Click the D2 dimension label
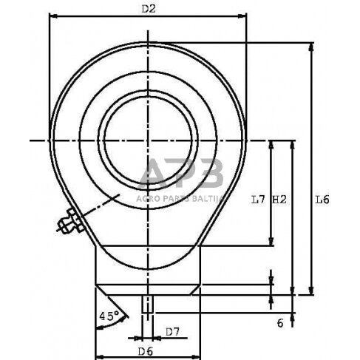147,8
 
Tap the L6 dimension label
322,199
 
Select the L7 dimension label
258,199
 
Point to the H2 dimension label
279,199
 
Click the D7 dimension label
171,331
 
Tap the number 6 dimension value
280,323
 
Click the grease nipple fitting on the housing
71,221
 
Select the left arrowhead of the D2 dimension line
52,17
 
